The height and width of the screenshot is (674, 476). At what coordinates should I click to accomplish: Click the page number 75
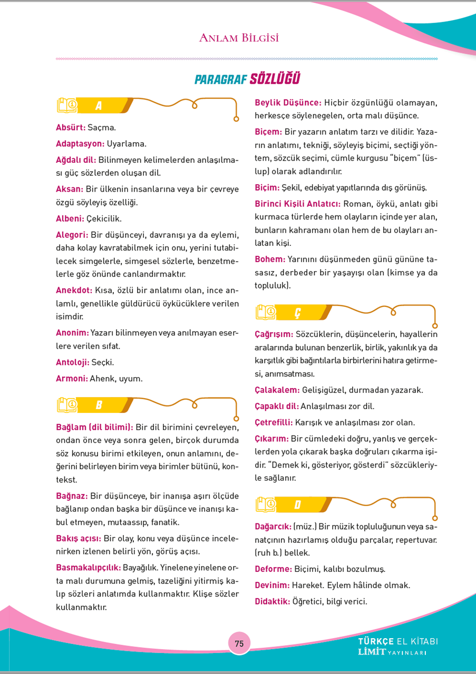pos(239,643)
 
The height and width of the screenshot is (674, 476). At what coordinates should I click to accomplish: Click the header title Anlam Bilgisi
pos(239,38)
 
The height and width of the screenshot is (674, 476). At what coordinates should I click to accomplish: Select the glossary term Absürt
pos(70,127)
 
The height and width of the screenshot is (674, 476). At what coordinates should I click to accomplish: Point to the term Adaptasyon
pos(80,143)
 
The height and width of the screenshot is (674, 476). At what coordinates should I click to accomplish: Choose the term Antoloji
pos(73,362)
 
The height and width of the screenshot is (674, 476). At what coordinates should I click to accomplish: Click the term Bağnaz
pos(72,495)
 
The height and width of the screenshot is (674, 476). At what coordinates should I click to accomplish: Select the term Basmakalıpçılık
pos(89,568)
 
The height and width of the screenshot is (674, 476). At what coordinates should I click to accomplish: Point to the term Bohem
pos(270,259)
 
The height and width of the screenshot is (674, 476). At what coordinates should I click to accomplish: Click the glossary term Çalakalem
pos(277,390)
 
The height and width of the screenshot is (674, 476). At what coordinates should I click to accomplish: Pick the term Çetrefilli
pos(274,422)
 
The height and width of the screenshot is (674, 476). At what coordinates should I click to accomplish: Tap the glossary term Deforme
pos(273,569)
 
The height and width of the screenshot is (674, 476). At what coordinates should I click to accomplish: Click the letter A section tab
pos(99,105)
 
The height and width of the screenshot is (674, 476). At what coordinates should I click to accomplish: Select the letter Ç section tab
pos(298,313)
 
